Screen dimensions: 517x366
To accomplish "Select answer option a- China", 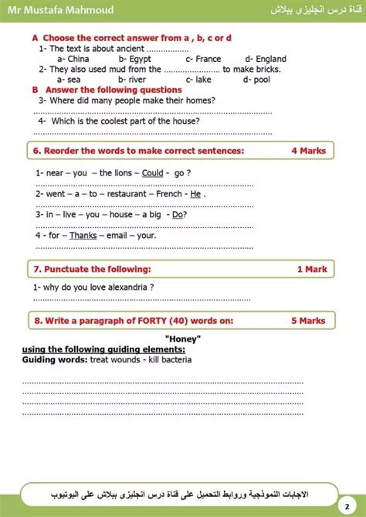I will [73, 59].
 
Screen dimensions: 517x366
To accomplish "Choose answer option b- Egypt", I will [135, 59].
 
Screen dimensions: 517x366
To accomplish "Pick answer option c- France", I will [203, 59].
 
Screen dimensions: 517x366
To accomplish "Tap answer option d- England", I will [266, 59].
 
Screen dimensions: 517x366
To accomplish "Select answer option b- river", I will [133, 79].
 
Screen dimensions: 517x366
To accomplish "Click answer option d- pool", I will [256, 79].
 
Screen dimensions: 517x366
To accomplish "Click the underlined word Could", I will [153, 173].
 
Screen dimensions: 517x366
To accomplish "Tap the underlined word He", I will [195, 194].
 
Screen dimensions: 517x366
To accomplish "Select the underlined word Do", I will [178, 214].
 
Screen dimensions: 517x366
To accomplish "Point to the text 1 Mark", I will [311, 269].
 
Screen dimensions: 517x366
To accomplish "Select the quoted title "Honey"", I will [183, 339].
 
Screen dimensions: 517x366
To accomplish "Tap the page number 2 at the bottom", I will [347, 503].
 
